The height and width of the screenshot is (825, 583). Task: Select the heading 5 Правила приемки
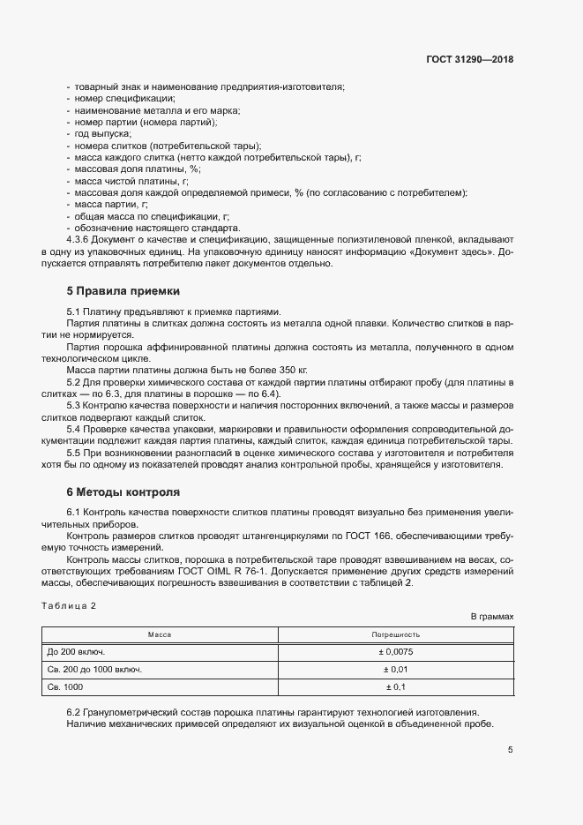click(123, 289)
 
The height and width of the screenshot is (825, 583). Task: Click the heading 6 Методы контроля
click(123, 490)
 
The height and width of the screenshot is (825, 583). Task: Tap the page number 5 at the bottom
click(510, 750)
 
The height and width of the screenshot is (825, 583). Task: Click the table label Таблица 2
click(69, 605)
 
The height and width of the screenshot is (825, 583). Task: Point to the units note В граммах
click(491, 617)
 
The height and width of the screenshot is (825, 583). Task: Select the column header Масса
click(160, 634)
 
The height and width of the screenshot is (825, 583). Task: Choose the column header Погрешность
click(395, 634)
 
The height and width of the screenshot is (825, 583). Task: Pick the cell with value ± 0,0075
click(395, 652)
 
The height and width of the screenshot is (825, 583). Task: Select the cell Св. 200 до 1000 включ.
click(94, 669)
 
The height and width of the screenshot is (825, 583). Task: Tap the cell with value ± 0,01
click(395, 669)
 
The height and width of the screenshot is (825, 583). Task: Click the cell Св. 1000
click(65, 686)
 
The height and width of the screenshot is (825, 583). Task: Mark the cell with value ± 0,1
click(395, 686)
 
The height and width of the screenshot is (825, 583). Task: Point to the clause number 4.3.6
click(79, 238)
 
